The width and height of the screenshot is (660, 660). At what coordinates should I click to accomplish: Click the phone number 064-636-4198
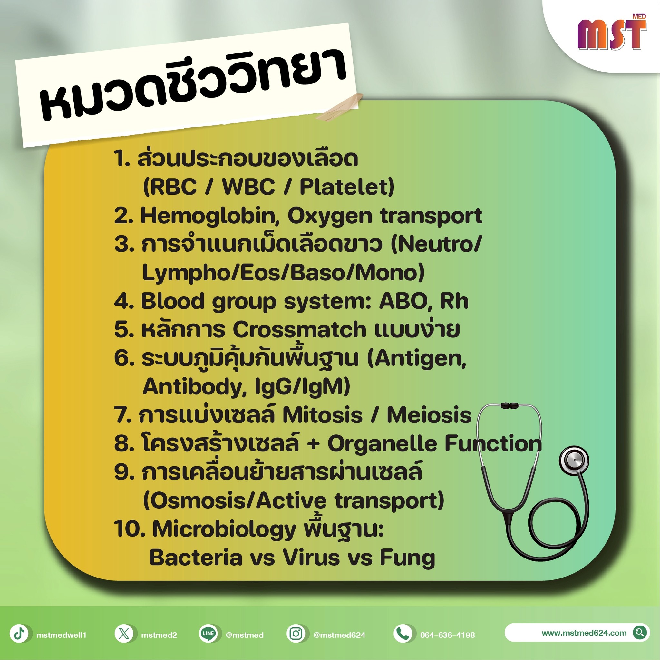click(448, 635)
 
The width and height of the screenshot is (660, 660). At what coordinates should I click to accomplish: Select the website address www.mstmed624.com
click(584, 633)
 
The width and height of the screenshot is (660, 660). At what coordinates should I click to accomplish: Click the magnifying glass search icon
click(640, 632)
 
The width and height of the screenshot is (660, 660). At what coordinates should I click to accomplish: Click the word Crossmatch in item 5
click(299, 330)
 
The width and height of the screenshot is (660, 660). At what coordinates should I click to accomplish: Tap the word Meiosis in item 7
click(429, 415)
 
